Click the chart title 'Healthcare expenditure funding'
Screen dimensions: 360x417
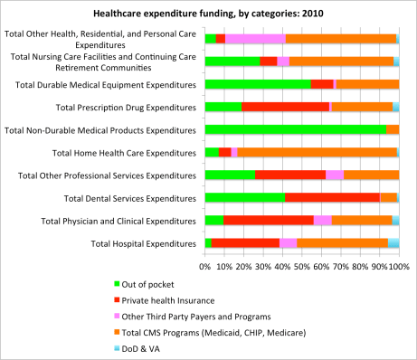[x=208, y=14]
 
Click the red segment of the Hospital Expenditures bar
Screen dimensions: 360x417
[x=245, y=242]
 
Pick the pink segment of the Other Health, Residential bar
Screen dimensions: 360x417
[x=255, y=38]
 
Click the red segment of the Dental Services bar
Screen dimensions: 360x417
[x=332, y=197]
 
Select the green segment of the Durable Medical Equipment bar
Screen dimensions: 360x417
[x=258, y=84]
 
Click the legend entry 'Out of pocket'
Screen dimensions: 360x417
[x=240, y=285]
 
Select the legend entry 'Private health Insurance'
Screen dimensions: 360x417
[x=256, y=300]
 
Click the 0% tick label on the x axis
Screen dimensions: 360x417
[x=206, y=267]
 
